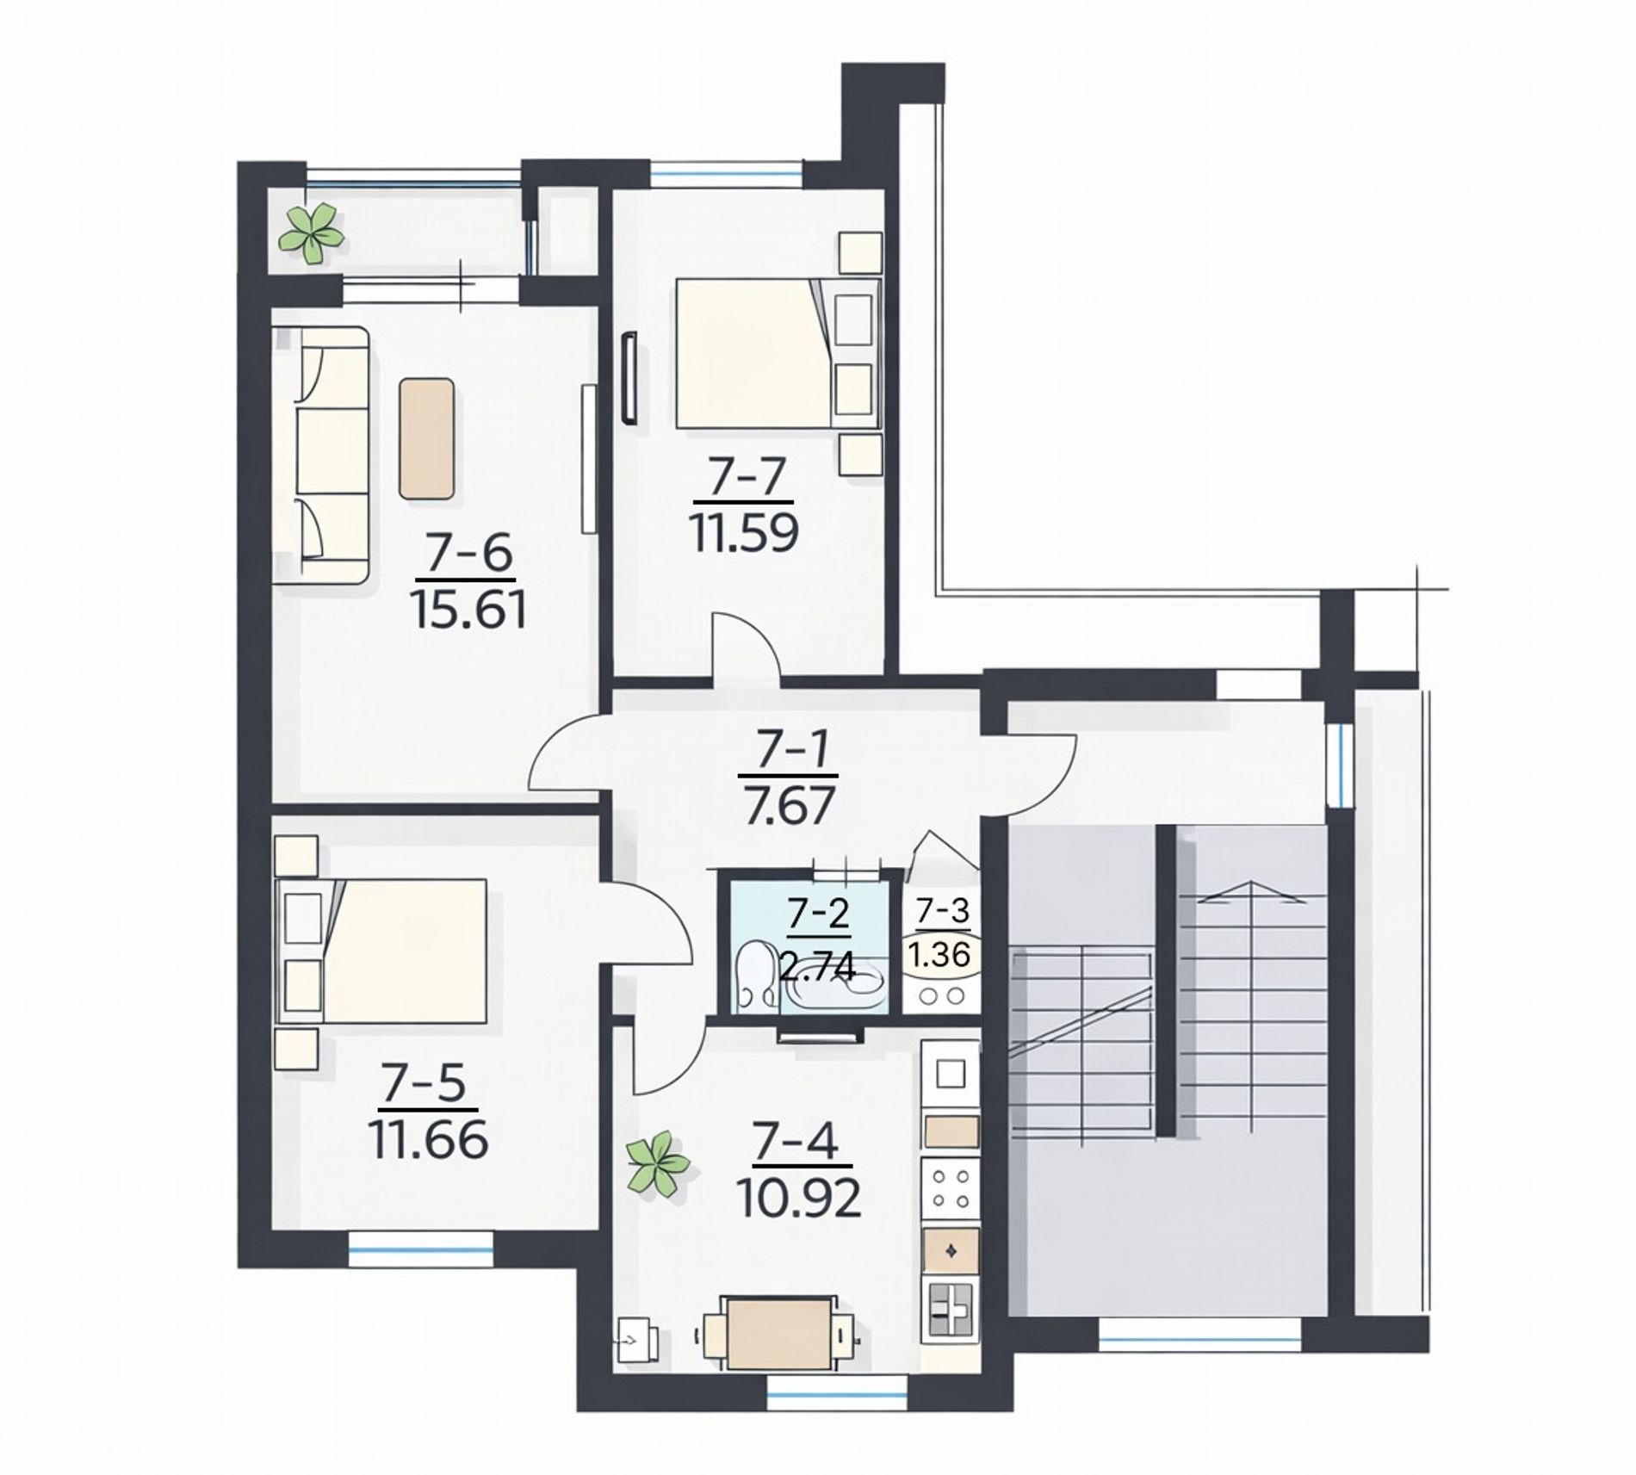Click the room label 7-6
pyautogui.click(x=470, y=553)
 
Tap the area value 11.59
pyautogui.click(x=744, y=532)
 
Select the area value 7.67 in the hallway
pyautogui.click(x=790, y=806)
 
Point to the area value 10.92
pyautogui.click(x=799, y=1198)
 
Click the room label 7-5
pyautogui.click(x=424, y=1082)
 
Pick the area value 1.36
pyautogui.click(x=940, y=954)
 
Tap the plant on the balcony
pyautogui.click(x=311, y=232)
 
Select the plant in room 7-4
pyautogui.click(x=658, y=1164)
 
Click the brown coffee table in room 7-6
pyautogui.click(x=426, y=438)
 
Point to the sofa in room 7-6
pyautogui.click(x=321, y=455)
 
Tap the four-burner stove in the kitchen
pyautogui.click(x=951, y=1188)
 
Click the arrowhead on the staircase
pyautogui.click(x=1250, y=894)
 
